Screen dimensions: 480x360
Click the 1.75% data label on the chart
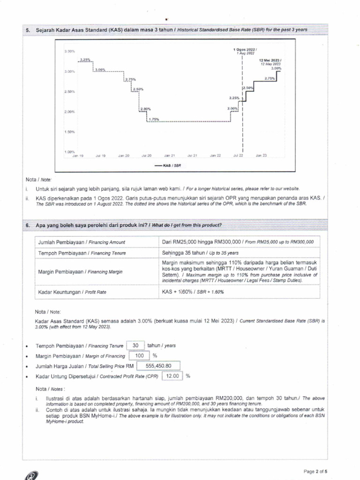pos(153,120)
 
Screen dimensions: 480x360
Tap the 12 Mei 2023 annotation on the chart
pos(270,62)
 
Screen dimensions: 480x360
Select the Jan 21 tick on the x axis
pos(169,155)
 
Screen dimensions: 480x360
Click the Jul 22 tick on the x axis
pos(238,155)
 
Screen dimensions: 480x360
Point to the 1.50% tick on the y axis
pos(69,132)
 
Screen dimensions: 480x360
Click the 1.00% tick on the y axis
pos(69,152)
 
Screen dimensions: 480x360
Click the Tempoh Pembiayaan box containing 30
pos(136,345)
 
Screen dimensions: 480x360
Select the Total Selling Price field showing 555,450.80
pos(158,366)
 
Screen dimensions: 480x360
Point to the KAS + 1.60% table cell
pos(193,292)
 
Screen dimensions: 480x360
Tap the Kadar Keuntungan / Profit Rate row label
pos(72,292)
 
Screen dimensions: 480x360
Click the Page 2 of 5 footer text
pos(315,471)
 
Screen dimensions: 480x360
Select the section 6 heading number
pos(28,225)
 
